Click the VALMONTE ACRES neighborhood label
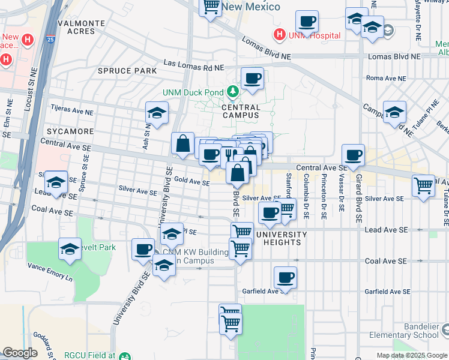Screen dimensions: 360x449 (x=81, y=26)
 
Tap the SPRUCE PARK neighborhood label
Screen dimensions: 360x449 (x=127, y=71)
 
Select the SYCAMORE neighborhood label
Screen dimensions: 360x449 (x=67, y=131)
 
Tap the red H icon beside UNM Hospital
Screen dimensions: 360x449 (x=278, y=35)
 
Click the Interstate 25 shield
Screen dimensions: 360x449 (x=50, y=40)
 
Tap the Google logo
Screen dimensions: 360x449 (x=20, y=353)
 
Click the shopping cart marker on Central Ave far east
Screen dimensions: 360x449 (x=423, y=185)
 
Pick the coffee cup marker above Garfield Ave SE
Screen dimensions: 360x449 (x=286, y=277)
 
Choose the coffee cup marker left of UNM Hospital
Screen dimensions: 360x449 (x=307, y=22)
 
